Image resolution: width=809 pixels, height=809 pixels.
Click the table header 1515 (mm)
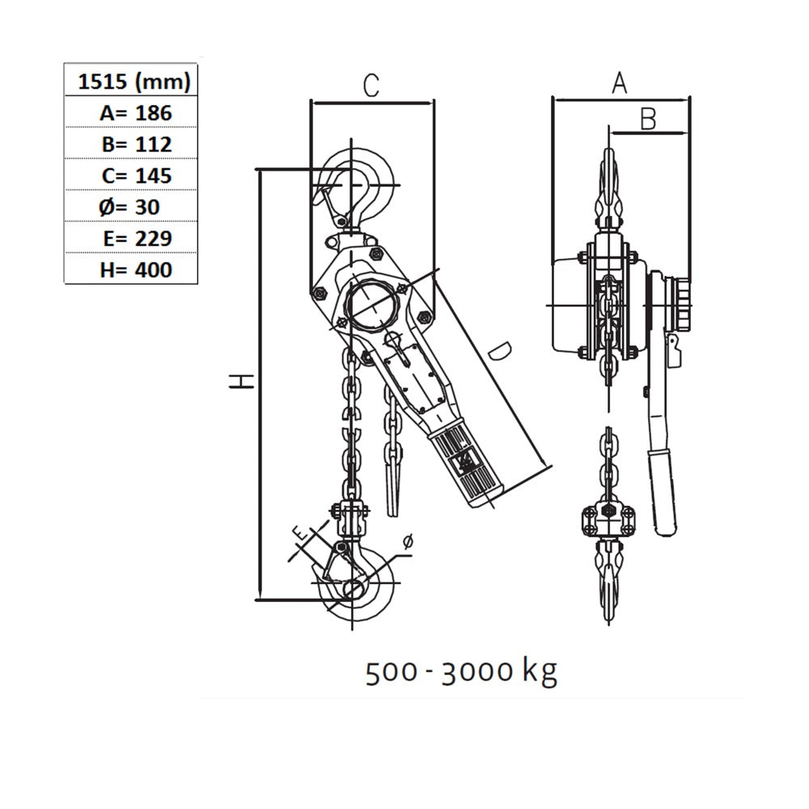point(134,81)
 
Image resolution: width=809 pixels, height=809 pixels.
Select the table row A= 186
point(135,112)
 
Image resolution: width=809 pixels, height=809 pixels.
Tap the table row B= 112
point(136,144)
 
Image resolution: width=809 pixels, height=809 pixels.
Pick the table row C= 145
point(136,176)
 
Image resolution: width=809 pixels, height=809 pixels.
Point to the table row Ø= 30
point(129,207)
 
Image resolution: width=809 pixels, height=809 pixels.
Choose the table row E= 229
point(137,239)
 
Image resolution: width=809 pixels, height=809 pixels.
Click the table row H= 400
point(136,270)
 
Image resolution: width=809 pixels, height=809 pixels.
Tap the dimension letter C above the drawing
point(371,86)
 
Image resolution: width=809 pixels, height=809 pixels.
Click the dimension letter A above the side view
point(619,83)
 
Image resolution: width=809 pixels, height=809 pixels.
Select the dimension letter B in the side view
point(648,118)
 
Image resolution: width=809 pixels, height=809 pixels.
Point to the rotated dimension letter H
point(241,381)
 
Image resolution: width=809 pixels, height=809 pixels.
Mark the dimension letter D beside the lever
point(500,351)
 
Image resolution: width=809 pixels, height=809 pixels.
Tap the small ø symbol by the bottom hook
point(408,541)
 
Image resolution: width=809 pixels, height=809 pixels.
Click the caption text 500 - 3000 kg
point(462,671)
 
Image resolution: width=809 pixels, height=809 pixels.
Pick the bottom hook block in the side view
point(609,520)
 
